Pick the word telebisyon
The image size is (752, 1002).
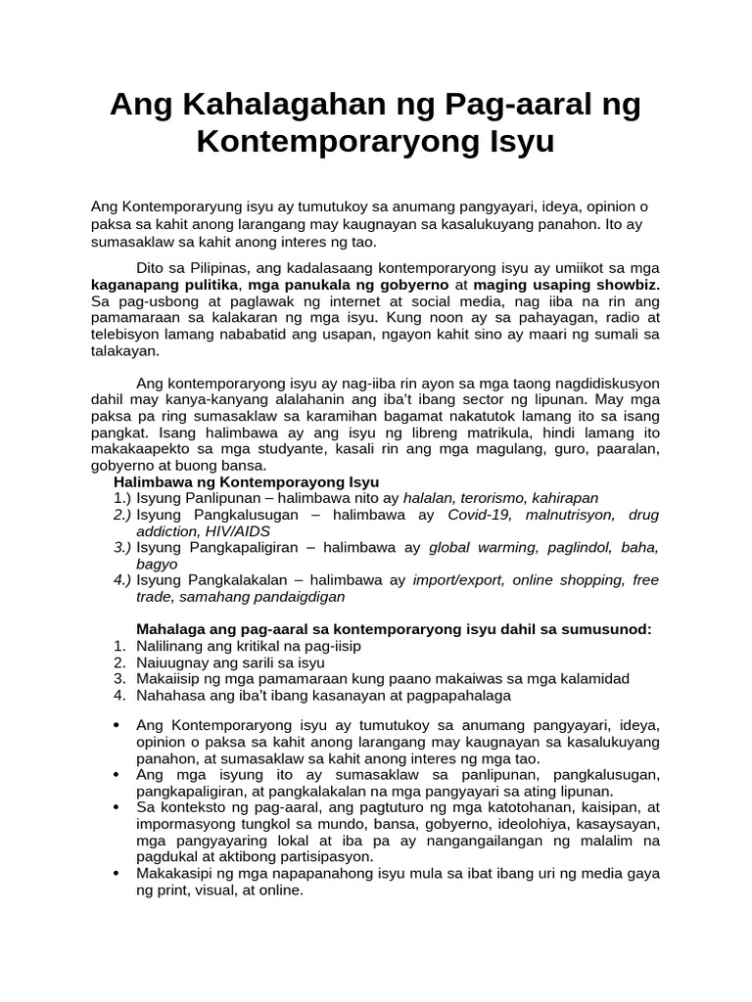point(127,335)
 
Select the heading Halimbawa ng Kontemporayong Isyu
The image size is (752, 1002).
point(246,482)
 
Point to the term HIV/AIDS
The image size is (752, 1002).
point(235,530)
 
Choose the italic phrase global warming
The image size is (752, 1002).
point(478,547)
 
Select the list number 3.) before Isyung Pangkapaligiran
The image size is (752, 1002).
point(121,547)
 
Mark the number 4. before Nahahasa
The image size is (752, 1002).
point(118,695)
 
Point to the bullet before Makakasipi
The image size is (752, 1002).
point(117,874)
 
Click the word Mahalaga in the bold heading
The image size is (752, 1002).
point(168,629)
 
